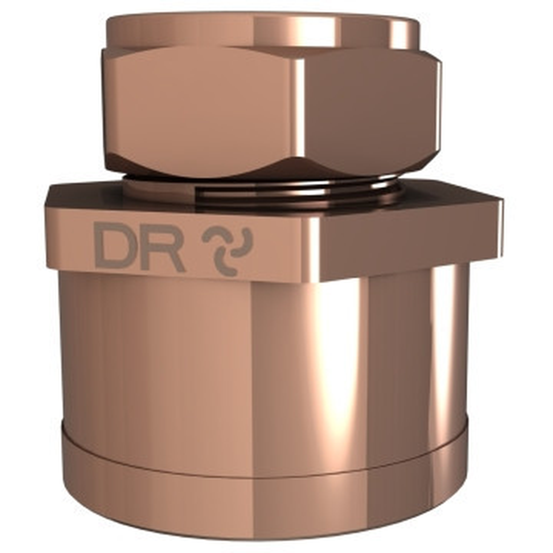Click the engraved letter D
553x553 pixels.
tap(114, 245)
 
